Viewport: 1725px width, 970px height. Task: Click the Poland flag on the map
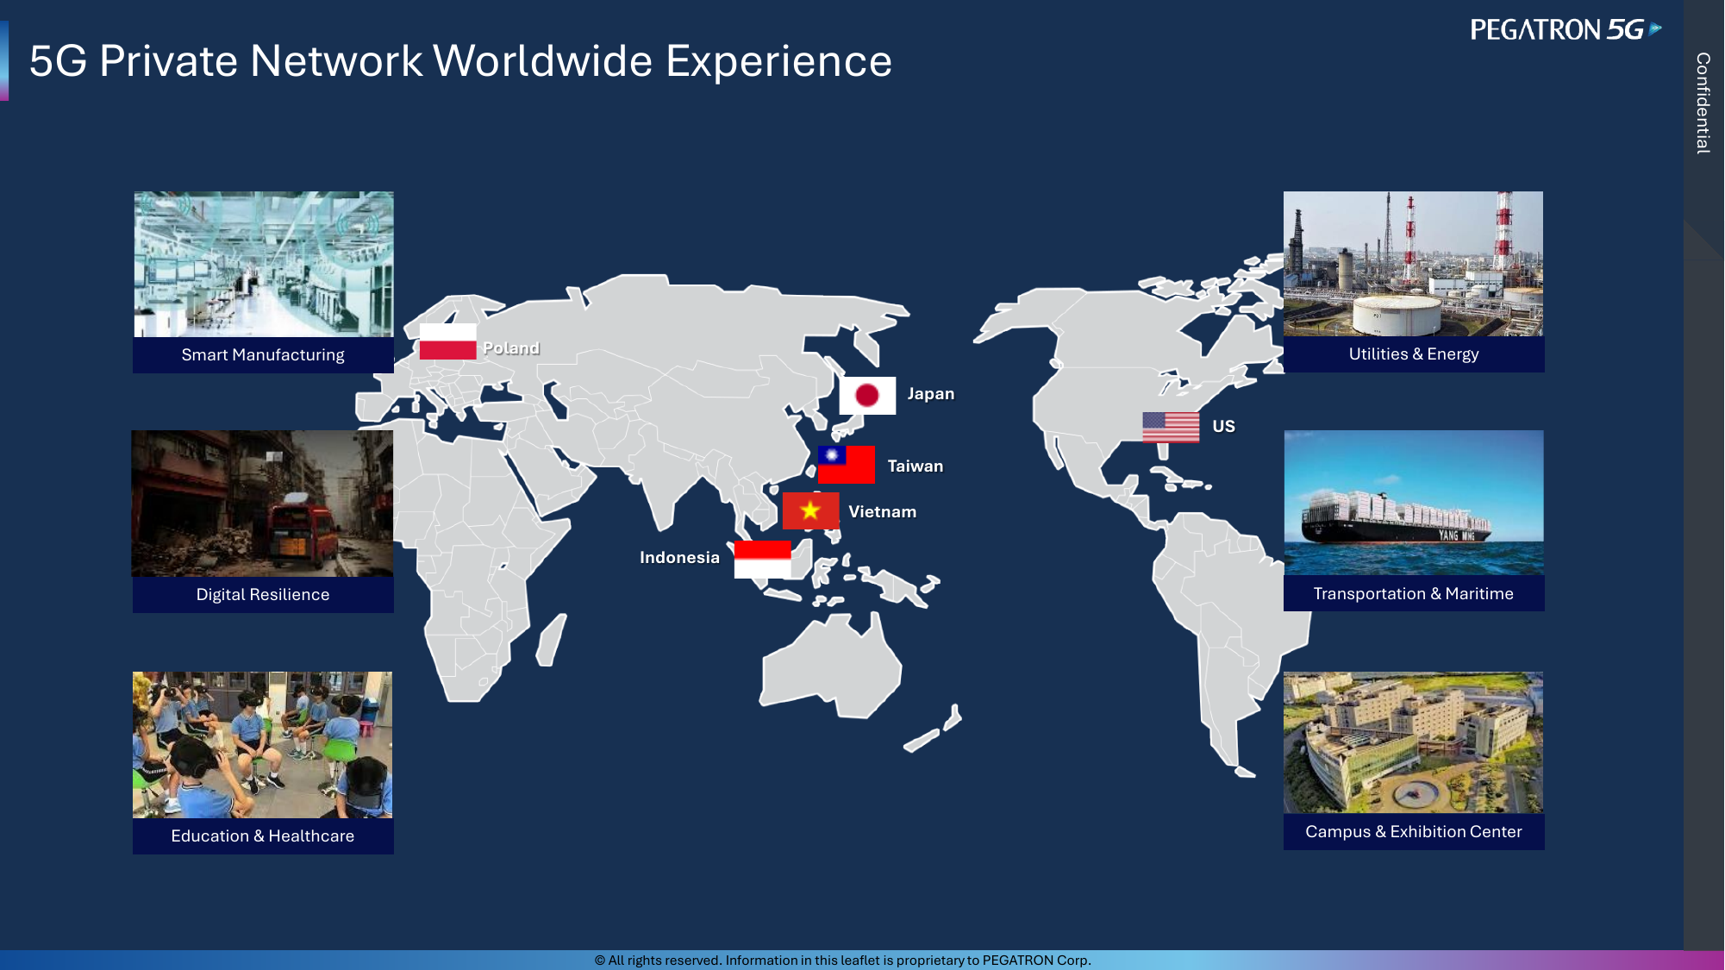(x=447, y=341)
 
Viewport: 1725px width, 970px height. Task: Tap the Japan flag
(x=867, y=396)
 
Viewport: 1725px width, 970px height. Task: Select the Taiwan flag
(x=847, y=465)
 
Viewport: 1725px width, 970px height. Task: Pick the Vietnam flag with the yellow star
(x=810, y=510)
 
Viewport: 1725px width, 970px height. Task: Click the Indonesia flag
(x=762, y=560)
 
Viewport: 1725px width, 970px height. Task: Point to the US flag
(x=1171, y=427)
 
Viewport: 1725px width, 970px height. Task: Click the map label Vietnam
(x=882, y=511)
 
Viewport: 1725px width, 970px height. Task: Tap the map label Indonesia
(x=679, y=557)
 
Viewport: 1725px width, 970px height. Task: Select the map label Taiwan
(x=916, y=466)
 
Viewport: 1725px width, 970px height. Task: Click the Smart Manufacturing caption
(x=263, y=355)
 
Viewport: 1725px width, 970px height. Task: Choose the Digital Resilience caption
(x=263, y=594)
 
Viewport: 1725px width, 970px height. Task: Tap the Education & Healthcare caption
(x=263, y=835)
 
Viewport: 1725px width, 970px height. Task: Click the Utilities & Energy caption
(x=1414, y=354)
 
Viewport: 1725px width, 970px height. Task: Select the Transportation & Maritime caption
(x=1414, y=593)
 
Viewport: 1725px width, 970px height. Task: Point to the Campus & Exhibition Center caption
(x=1414, y=831)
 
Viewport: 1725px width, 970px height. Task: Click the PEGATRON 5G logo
(x=1566, y=30)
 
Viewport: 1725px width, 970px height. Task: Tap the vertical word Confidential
(x=1703, y=103)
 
